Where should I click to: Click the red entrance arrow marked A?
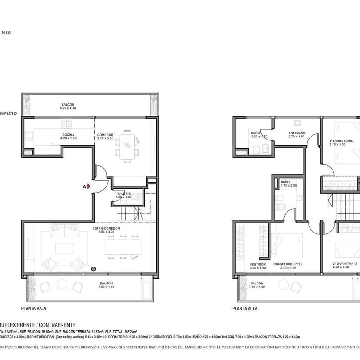(x=88, y=186)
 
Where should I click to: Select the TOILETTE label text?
(x=123, y=193)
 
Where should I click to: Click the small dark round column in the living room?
(x=93, y=269)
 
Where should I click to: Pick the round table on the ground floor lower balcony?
(x=62, y=285)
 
